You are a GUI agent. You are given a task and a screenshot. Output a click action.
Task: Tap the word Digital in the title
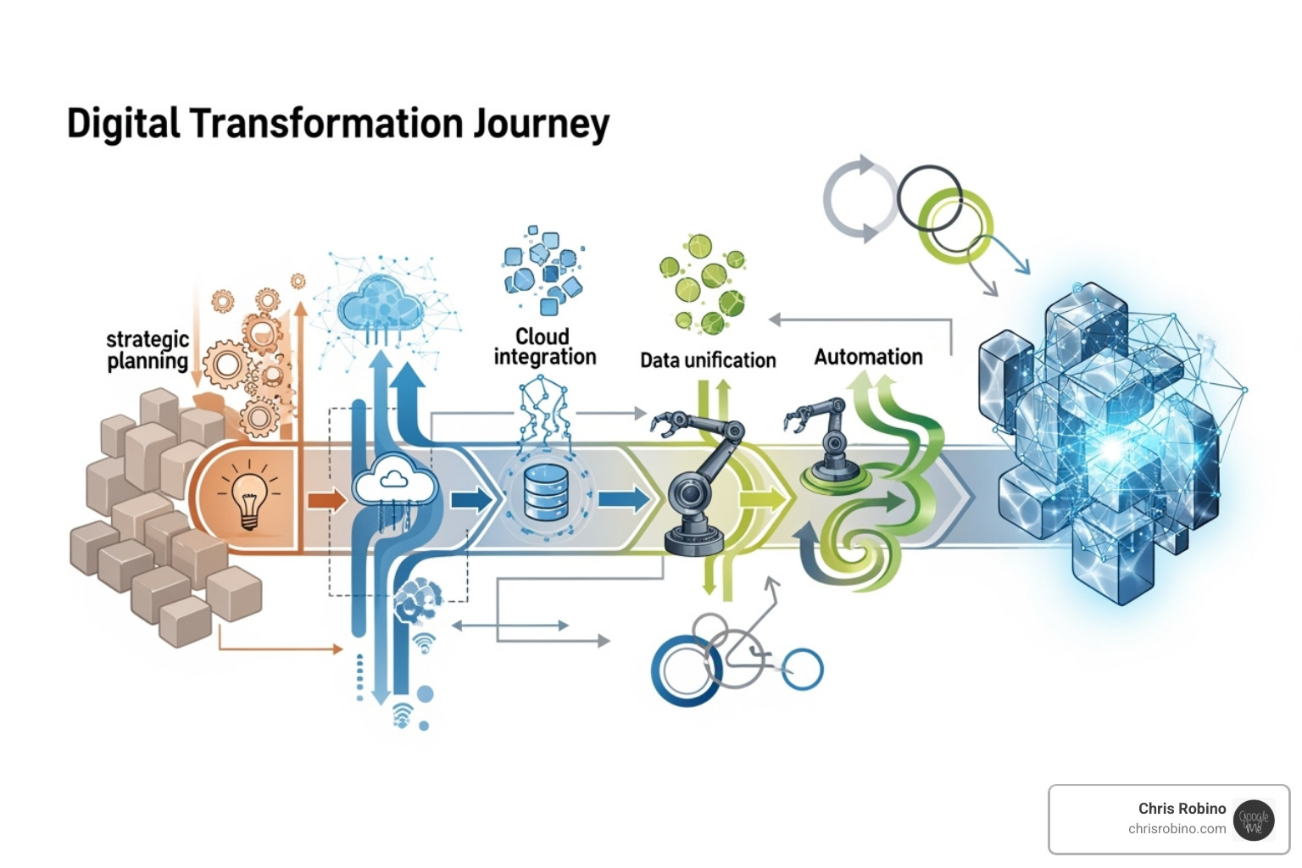pyautogui.click(x=123, y=123)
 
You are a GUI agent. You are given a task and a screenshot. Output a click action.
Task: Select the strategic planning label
pyautogui.click(x=147, y=350)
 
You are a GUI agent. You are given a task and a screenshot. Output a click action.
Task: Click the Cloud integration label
pyautogui.click(x=544, y=347)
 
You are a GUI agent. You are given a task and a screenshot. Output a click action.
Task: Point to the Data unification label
pyautogui.click(x=708, y=360)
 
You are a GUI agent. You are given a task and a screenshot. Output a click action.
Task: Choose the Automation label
pyautogui.click(x=868, y=357)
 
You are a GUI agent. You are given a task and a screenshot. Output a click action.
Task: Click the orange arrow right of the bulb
pyautogui.click(x=326, y=500)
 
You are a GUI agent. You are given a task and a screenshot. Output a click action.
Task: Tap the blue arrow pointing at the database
pyautogui.click(x=471, y=499)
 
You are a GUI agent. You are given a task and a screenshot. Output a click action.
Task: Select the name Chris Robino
pyautogui.click(x=1182, y=809)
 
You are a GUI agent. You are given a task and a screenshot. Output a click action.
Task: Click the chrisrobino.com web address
pyautogui.click(x=1177, y=829)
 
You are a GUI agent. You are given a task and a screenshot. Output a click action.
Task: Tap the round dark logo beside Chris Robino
pyautogui.click(x=1254, y=820)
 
